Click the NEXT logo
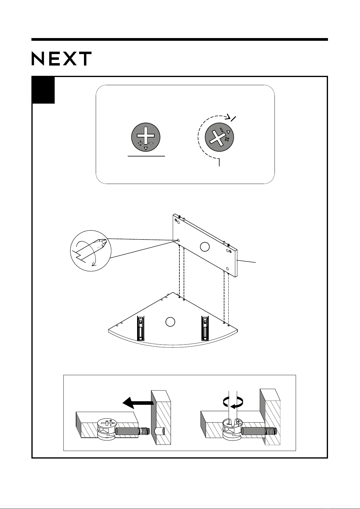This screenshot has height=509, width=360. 62,59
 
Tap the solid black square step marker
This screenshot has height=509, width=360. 43,90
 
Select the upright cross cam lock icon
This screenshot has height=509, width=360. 146,137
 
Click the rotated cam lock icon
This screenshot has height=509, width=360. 219,137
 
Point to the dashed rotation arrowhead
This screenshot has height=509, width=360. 228,117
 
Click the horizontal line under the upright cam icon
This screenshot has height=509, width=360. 146,156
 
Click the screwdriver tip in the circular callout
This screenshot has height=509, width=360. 103,243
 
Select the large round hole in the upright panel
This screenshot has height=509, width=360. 205,247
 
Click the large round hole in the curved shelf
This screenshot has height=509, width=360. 170,322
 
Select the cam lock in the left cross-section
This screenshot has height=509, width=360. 107,429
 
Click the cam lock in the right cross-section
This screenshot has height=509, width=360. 232,429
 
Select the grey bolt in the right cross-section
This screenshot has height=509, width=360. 259,431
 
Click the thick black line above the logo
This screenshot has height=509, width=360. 180,40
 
